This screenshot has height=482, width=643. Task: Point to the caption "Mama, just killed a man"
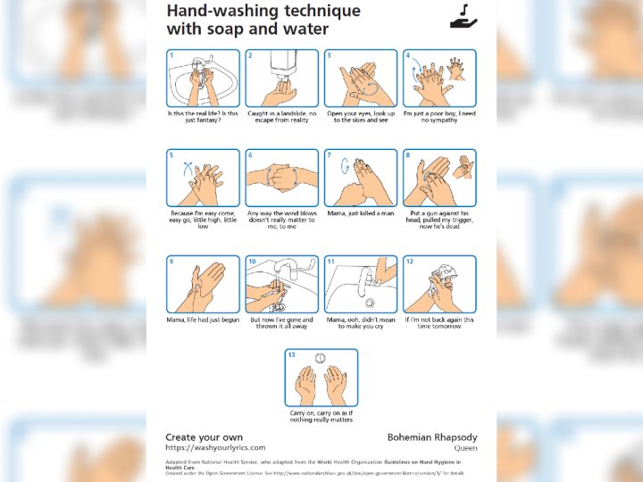pos(360,213)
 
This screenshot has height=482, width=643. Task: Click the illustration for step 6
pos(282,179)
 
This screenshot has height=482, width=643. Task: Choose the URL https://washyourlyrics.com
pos(215,447)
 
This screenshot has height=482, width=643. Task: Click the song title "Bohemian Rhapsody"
pos(432,437)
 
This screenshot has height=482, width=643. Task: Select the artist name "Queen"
pos(466,448)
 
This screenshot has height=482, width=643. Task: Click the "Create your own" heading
pos(205,437)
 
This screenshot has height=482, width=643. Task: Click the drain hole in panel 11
pos(370,303)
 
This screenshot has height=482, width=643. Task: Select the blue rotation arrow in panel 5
pos(186,167)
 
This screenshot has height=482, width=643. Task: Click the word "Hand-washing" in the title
pos(215,11)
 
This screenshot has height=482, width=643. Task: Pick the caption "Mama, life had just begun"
pos(203,320)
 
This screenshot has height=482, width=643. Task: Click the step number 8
pos(408,155)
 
